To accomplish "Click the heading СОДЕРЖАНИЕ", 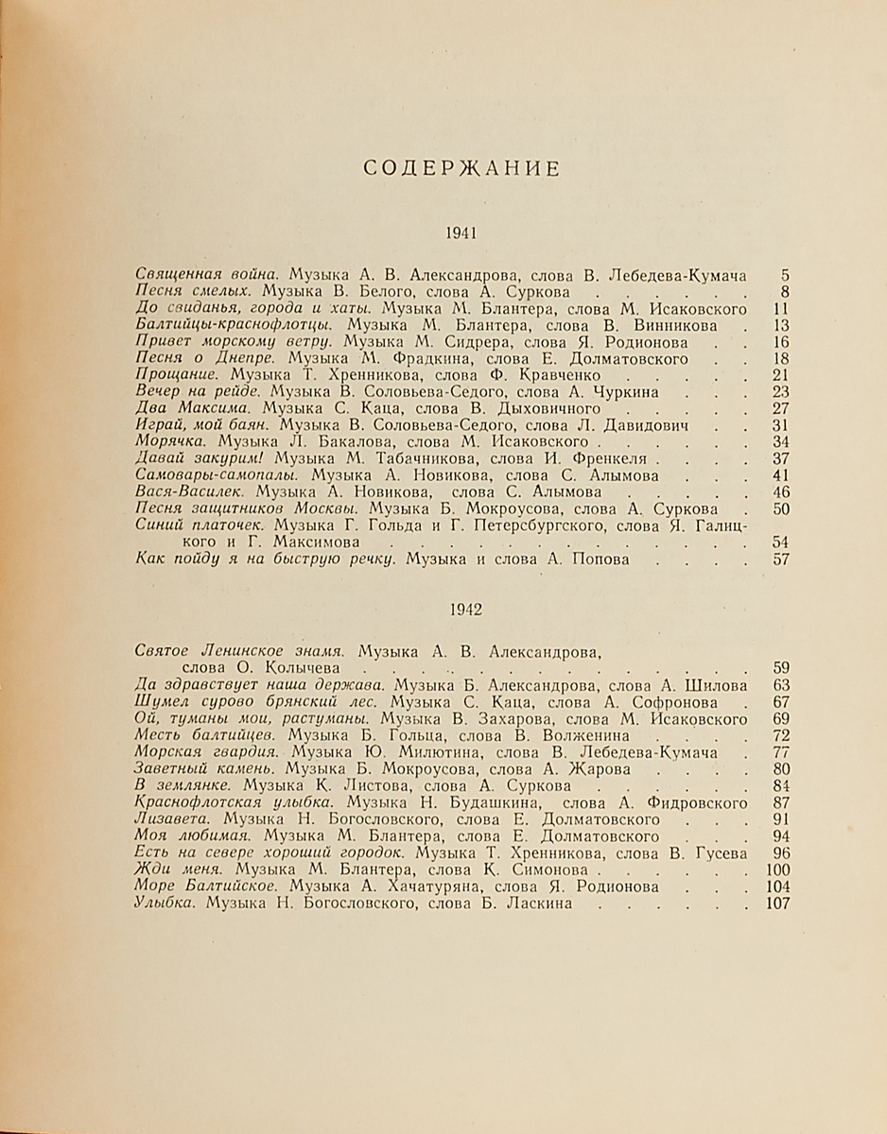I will tap(462, 169).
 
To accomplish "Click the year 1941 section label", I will tap(463, 232).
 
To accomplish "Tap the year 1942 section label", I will tap(463, 610).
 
